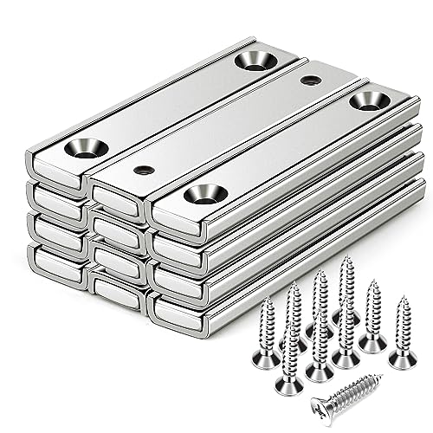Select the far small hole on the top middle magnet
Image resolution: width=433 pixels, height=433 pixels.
[x=310, y=81]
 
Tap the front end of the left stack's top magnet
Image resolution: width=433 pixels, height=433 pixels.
[x=55, y=168]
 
